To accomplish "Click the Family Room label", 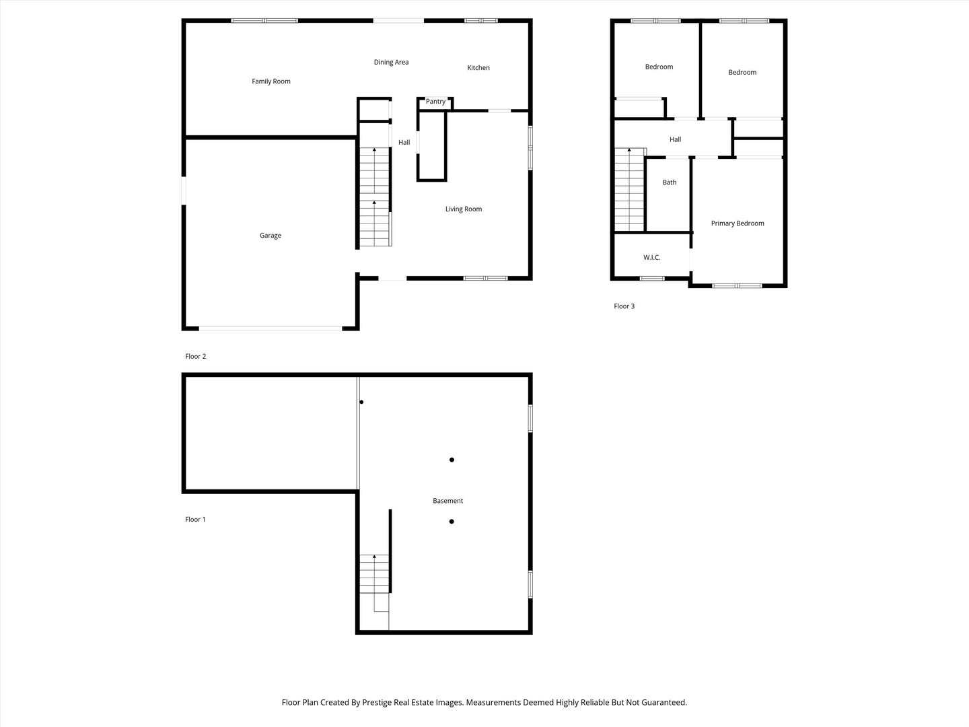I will coord(271,81).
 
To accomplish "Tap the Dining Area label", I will coord(391,63).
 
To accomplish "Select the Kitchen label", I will coord(478,68).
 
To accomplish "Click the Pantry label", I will coord(435,102).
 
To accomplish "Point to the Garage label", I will coord(271,236).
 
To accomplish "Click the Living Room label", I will coord(464,209).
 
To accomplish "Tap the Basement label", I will coord(447,501).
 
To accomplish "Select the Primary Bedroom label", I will coord(738,223).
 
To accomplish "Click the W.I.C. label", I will coord(651,258).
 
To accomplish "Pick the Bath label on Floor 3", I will coord(670,182).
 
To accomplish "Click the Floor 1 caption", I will coord(195,520).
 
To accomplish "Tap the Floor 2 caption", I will coord(195,357).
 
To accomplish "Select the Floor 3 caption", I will coord(624,306).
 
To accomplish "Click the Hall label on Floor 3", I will coord(675,140).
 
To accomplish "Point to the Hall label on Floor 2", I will coord(404,143).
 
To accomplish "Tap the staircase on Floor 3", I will coord(630,190).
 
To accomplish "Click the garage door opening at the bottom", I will coord(271,328).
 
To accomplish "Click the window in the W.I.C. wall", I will coord(651,278).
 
